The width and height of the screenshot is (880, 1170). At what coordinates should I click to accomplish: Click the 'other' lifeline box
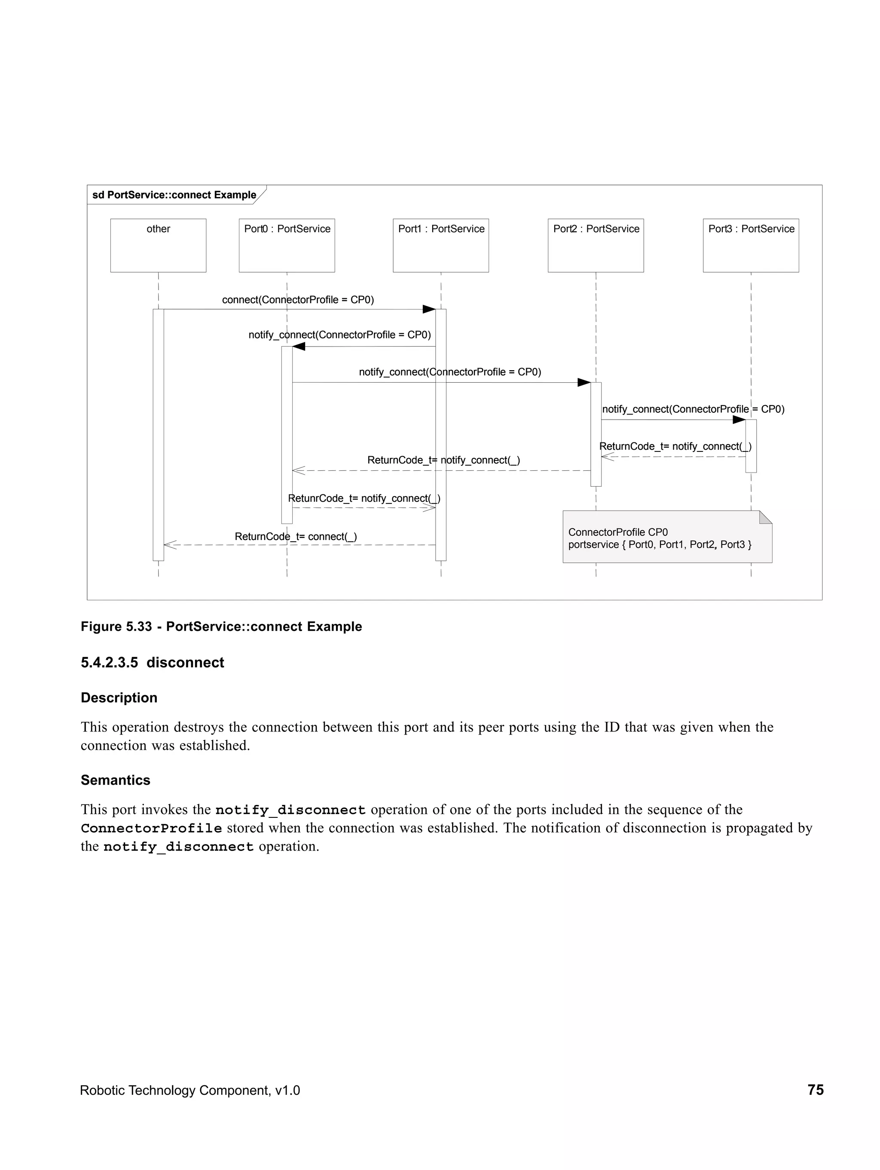click(x=158, y=245)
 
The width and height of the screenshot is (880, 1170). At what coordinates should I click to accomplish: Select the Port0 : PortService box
click(x=287, y=245)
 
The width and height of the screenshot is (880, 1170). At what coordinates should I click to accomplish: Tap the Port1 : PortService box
click(x=440, y=245)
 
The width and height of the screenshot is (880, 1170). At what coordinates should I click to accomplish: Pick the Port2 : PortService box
click(x=595, y=245)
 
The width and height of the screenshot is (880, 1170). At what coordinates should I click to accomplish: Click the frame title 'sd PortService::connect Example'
click(x=174, y=195)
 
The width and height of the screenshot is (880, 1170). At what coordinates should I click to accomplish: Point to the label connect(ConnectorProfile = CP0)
click(x=298, y=299)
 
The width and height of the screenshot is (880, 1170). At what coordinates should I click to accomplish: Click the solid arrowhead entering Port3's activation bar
click(x=739, y=419)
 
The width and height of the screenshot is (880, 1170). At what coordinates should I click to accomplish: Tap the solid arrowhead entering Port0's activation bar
click(x=299, y=347)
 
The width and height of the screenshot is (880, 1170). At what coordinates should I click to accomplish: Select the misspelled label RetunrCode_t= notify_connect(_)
click(x=364, y=498)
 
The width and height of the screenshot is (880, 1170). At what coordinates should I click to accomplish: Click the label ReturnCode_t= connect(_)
click(x=296, y=536)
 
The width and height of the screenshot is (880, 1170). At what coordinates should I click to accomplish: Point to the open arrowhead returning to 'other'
click(x=169, y=544)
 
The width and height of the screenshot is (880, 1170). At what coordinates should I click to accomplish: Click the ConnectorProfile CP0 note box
click(x=661, y=538)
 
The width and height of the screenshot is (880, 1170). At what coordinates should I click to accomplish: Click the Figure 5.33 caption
click(x=221, y=626)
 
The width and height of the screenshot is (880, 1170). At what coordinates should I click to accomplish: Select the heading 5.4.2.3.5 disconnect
click(x=152, y=662)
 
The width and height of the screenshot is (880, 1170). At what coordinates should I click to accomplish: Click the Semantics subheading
click(x=115, y=780)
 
